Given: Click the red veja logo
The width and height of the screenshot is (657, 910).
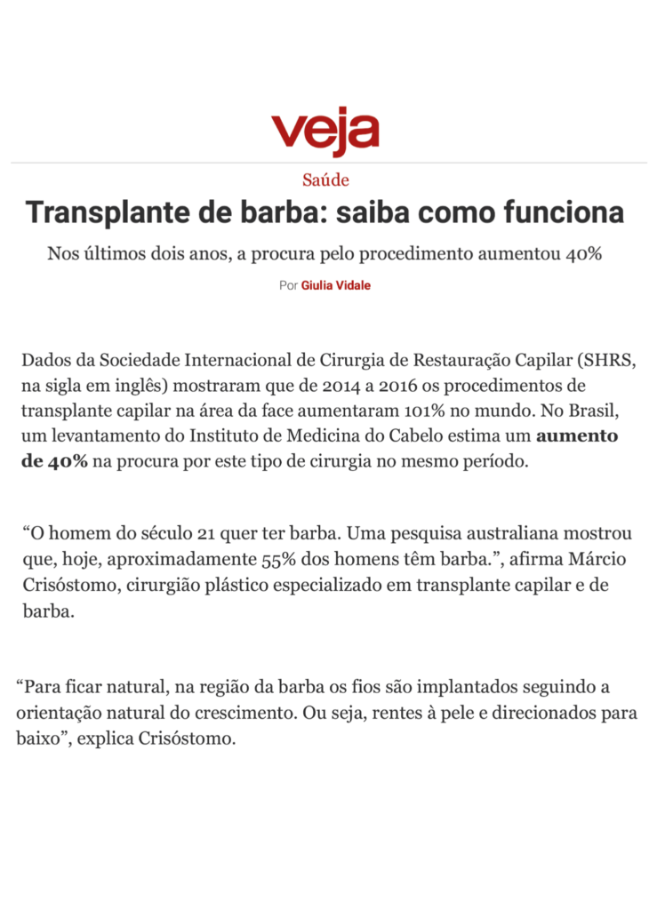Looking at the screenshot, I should pyautogui.click(x=325, y=131).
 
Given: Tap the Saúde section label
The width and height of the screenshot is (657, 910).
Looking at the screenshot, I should pyautogui.click(x=325, y=180).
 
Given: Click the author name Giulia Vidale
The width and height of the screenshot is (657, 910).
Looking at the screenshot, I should pyautogui.click(x=336, y=285).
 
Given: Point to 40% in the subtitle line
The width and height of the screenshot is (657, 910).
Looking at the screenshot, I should pyautogui.click(x=584, y=254).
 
